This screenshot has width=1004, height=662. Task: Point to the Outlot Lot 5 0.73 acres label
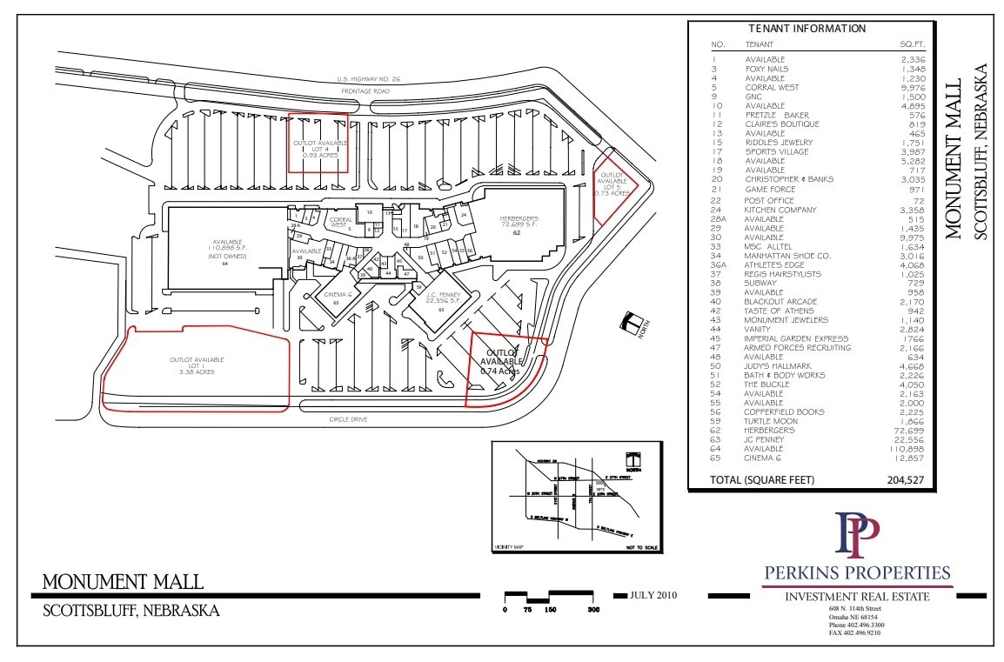point(612,184)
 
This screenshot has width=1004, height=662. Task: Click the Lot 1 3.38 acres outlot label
point(197,365)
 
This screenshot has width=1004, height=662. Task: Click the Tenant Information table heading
point(807,29)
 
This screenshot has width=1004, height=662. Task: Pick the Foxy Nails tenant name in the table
point(766,69)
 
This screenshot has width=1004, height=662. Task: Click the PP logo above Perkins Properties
point(857,536)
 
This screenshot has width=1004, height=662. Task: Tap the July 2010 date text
point(653,595)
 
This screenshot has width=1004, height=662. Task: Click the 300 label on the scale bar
point(593,610)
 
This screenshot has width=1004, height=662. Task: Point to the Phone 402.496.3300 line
point(856,625)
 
